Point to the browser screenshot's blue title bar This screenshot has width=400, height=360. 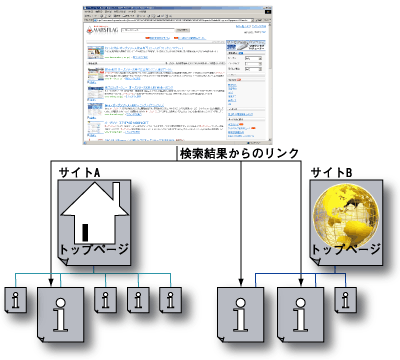click(180, 5)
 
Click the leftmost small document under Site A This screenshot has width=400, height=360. click(18, 299)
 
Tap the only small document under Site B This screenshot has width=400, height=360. click(346, 299)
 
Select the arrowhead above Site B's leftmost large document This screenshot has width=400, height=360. click(241, 279)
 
